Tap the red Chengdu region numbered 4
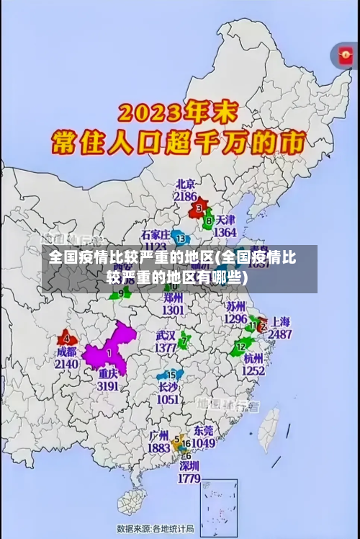coord(67,338)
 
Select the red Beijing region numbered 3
coord(197,209)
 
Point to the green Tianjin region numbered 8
coord(208,220)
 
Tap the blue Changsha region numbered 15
coord(171,375)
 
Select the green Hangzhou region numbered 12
coord(240,348)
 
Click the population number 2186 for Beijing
coord(185,196)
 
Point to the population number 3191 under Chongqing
coord(108,386)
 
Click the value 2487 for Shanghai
coord(279,334)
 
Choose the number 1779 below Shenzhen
coord(188,478)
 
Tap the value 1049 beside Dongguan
coord(203,443)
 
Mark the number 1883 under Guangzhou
coord(158,447)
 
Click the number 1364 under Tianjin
coord(225,233)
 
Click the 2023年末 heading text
coord(180,114)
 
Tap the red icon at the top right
coord(344,55)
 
